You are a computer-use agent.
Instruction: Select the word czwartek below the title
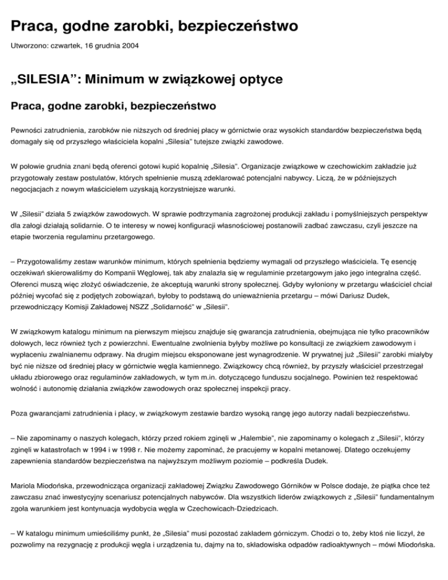pyautogui.click(x=64, y=44)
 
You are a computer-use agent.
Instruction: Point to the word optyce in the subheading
pyautogui.click(x=256, y=78)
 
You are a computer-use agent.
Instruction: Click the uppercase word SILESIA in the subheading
pyautogui.click(x=44, y=78)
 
